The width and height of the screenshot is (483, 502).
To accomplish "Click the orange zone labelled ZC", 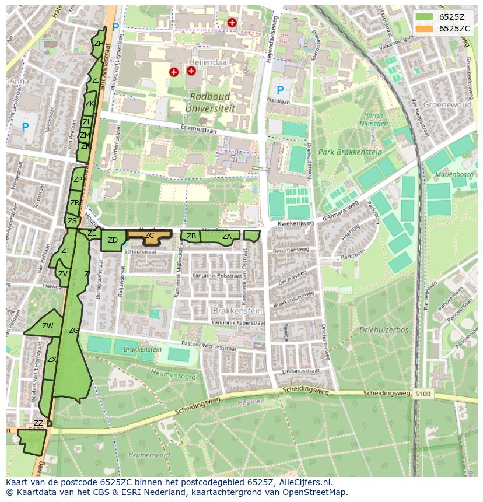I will point(149,235).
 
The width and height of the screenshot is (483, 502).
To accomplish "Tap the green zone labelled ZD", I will point(113,240).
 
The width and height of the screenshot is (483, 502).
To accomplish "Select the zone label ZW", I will point(48,326).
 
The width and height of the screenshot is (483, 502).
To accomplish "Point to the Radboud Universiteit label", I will point(207,102).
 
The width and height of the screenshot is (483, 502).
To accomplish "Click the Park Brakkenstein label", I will point(350,152).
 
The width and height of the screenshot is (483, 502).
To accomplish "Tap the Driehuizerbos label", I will point(384,330).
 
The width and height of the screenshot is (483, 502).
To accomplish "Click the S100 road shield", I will point(423,395).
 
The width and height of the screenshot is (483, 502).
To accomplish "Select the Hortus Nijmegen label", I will point(374,120).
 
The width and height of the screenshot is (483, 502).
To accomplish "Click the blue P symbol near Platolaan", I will point(281,90).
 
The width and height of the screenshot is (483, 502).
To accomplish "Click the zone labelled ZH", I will point(99,44).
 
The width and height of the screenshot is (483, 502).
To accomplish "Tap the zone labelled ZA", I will point(227,236).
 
